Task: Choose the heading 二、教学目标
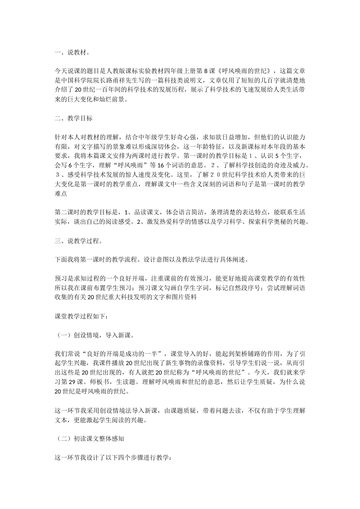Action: click(x=74, y=118)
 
